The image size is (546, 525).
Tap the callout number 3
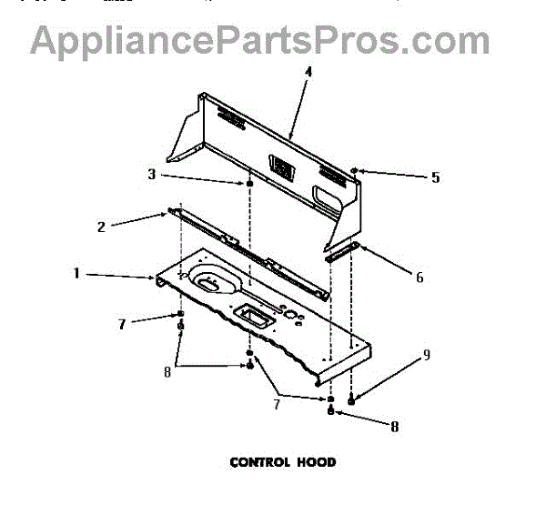pos(151,173)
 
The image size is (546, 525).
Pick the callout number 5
pos(435,178)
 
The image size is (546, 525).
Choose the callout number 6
pos(419,278)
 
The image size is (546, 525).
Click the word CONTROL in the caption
pos(259,462)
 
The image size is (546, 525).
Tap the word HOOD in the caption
pos(315,462)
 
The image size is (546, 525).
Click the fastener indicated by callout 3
pos(248,185)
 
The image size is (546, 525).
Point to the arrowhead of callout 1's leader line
pos(158,277)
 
